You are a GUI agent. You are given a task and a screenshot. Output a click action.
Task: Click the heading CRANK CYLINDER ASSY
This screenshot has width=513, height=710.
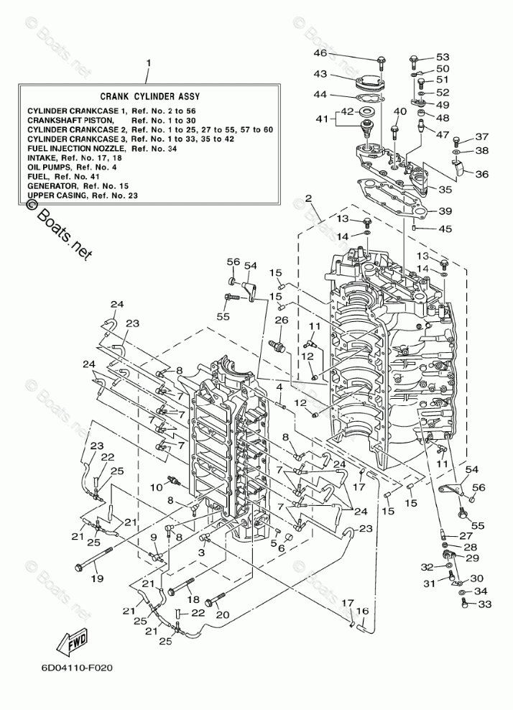(149, 96)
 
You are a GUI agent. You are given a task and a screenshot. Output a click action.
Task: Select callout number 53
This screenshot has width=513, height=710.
(443, 57)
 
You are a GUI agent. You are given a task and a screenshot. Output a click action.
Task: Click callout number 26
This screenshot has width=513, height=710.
(281, 320)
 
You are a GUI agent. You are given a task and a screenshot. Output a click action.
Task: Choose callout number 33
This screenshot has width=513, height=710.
(484, 604)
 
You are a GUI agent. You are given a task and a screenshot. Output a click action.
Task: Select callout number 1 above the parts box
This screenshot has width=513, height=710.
(149, 63)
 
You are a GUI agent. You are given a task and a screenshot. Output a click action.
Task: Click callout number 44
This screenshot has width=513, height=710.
(320, 95)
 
